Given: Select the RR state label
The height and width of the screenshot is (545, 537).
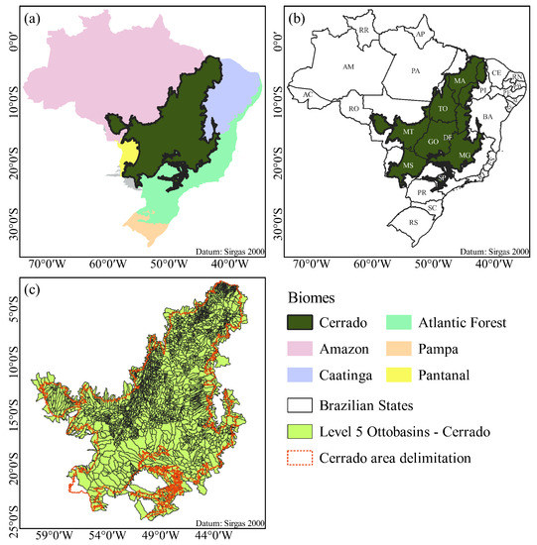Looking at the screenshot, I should (364, 31).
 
